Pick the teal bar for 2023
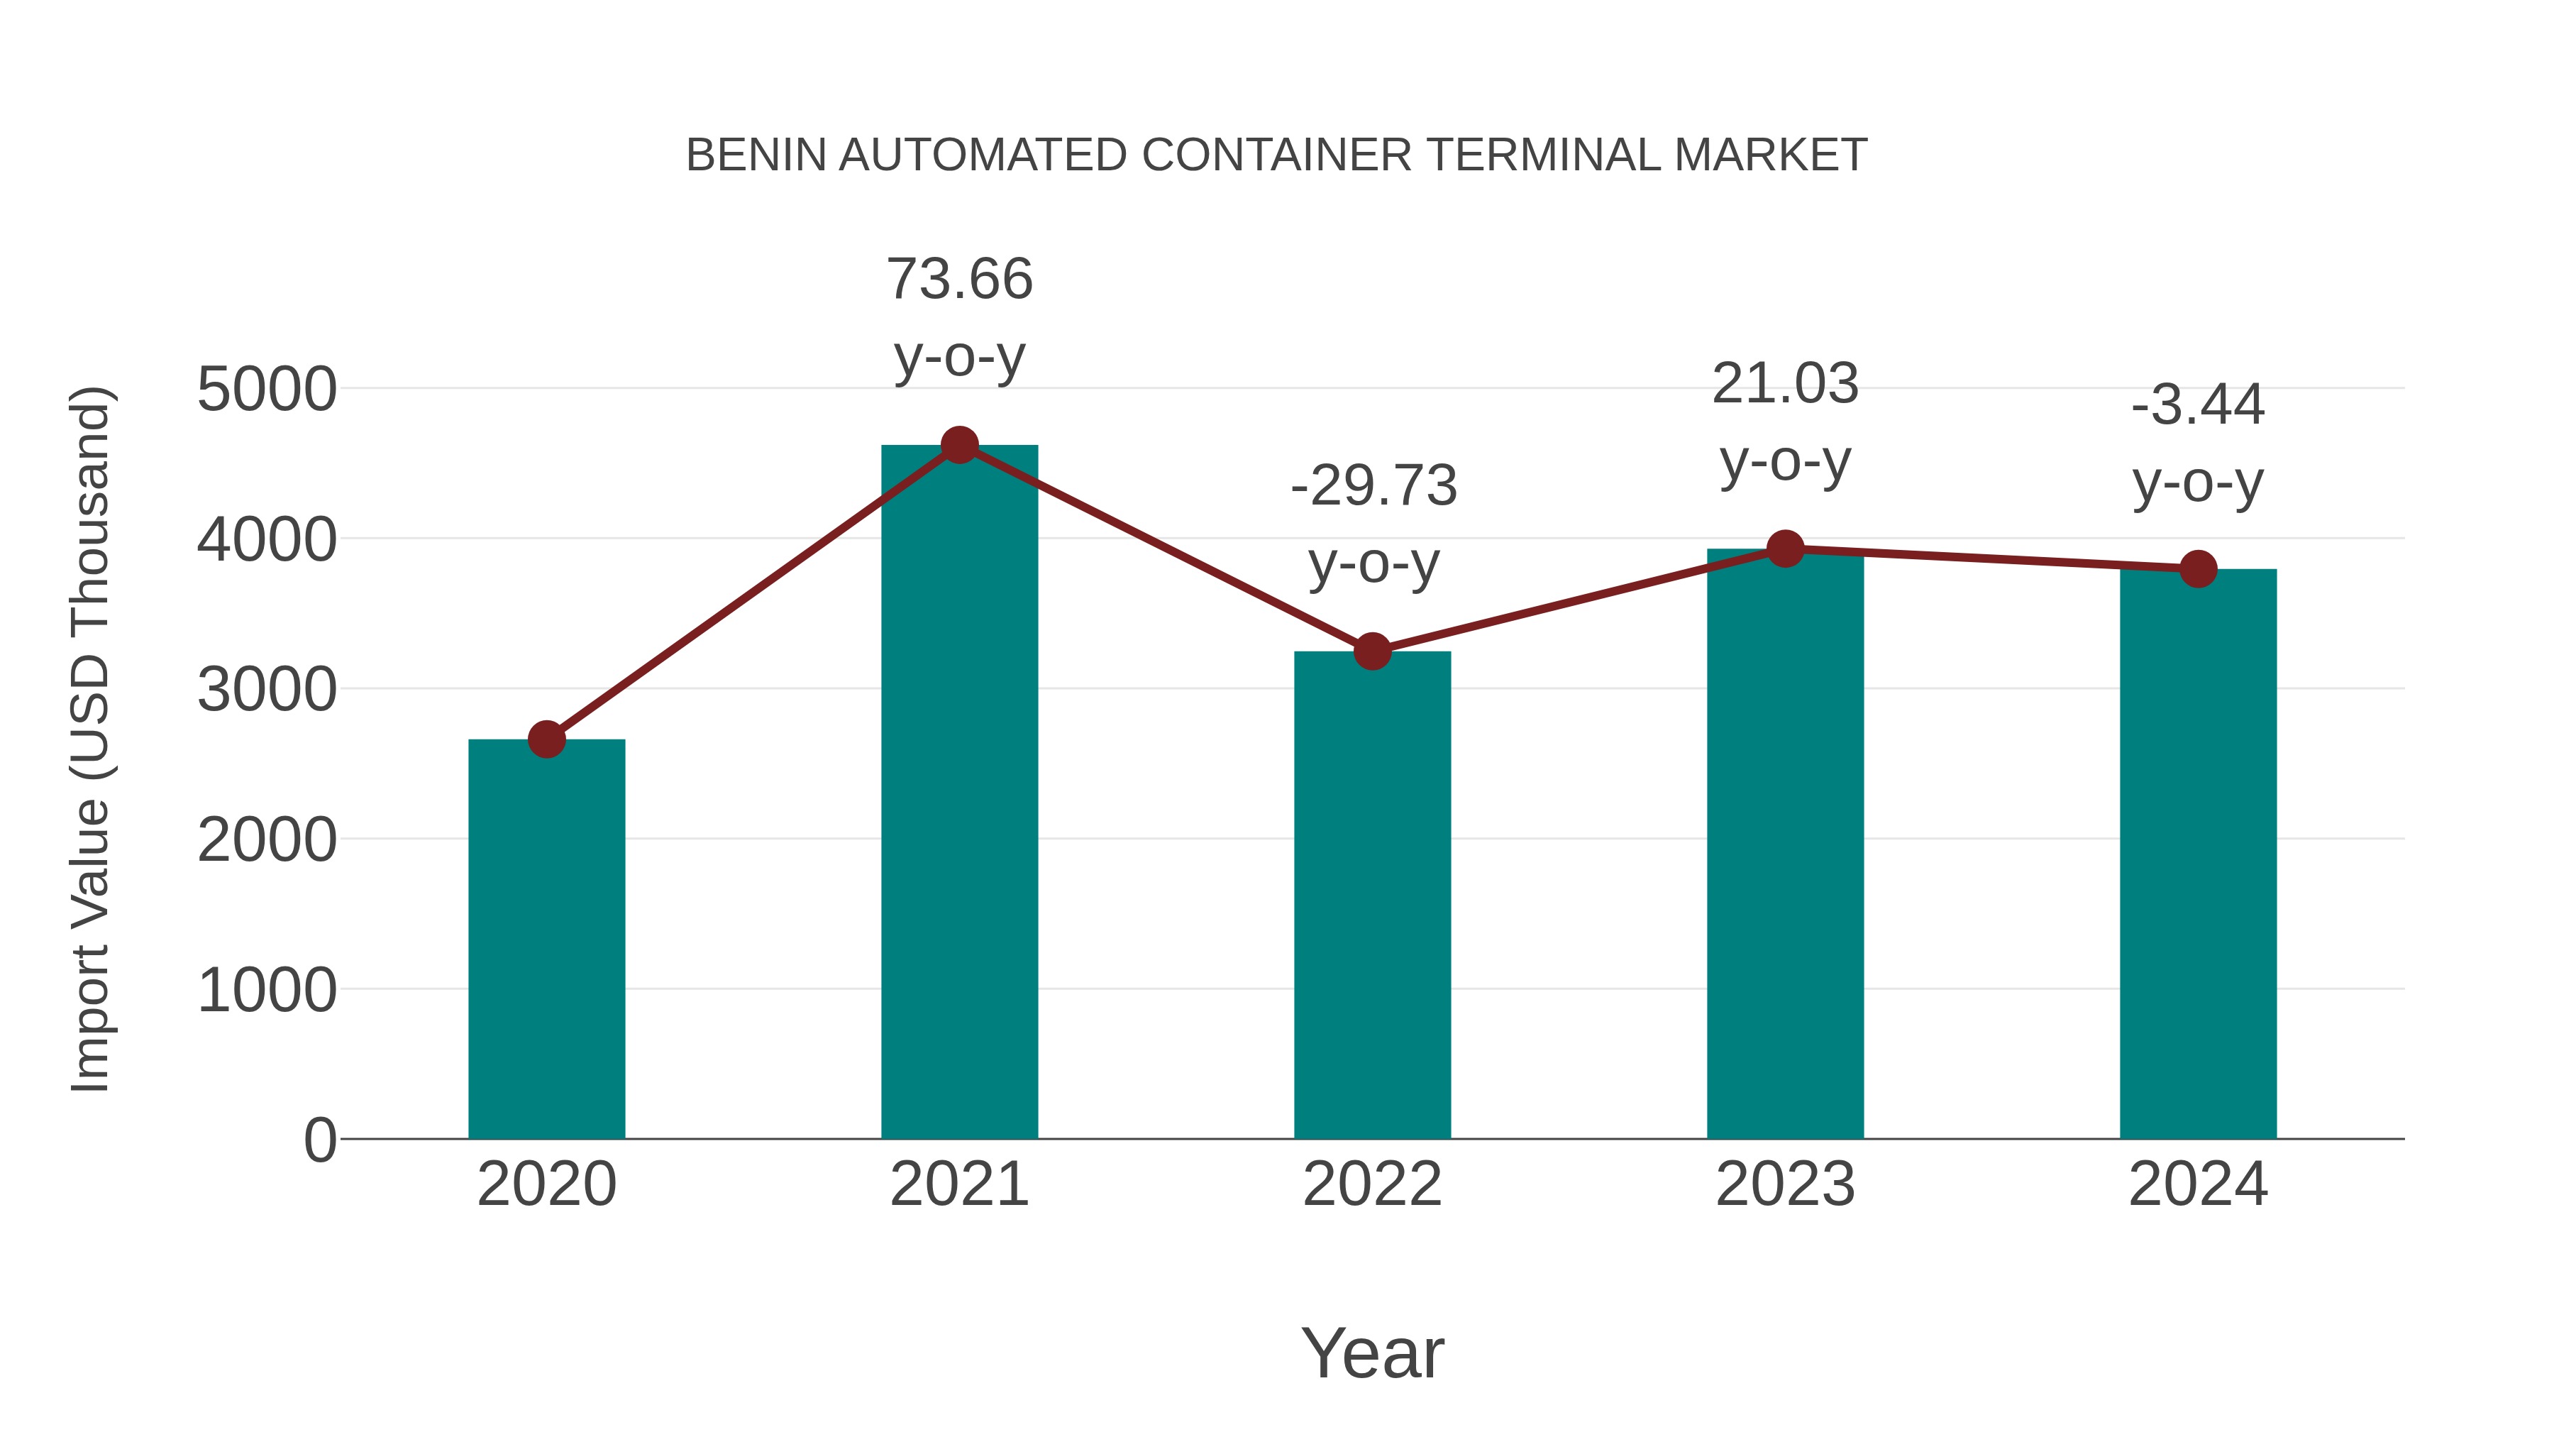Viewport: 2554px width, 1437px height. (x=1785, y=843)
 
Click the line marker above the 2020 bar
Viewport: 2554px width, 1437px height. (x=546, y=739)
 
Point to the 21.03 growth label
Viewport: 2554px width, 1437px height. (x=1785, y=422)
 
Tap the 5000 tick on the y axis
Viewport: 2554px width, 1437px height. (x=267, y=390)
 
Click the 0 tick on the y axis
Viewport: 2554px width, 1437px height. (x=319, y=1140)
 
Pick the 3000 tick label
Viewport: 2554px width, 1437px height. (x=267, y=690)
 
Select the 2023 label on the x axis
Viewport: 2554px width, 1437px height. (x=1785, y=1184)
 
